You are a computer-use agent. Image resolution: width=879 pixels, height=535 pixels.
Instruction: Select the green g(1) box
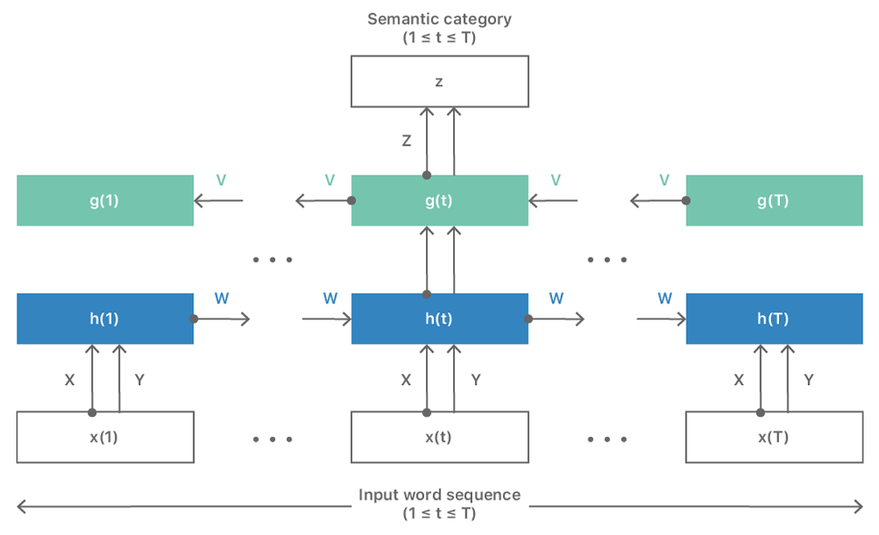click(x=105, y=200)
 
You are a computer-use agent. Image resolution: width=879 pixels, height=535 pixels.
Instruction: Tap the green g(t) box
click(x=439, y=200)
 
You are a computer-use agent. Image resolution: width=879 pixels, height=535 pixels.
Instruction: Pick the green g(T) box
click(x=775, y=200)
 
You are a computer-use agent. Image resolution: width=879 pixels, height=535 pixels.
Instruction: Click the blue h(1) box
click(x=105, y=319)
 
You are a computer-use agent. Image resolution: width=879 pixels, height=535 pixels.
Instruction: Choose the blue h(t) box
click(x=439, y=319)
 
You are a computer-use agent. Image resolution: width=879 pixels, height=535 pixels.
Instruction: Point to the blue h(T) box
click(x=775, y=319)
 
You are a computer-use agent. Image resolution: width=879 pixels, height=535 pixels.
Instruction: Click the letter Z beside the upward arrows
click(x=407, y=141)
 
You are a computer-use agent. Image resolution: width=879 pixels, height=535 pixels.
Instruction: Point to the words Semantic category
click(x=439, y=19)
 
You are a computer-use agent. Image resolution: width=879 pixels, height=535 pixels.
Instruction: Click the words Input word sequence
click(x=439, y=495)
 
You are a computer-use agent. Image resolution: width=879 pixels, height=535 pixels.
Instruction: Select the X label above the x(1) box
click(x=70, y=381)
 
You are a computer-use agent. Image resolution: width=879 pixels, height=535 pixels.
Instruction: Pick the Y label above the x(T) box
click(x=808, y=381)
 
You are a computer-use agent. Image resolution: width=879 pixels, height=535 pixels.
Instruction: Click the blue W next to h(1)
click(x=222, y=298)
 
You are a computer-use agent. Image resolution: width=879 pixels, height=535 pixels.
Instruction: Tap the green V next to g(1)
click(x=221, y=180)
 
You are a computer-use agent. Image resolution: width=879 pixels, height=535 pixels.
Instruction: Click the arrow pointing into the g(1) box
click(x=219, y=200)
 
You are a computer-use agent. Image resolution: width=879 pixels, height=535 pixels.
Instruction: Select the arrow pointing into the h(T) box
click(x=661, y=319)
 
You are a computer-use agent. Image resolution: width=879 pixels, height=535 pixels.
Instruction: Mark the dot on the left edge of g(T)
click(x=686, y=200)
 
